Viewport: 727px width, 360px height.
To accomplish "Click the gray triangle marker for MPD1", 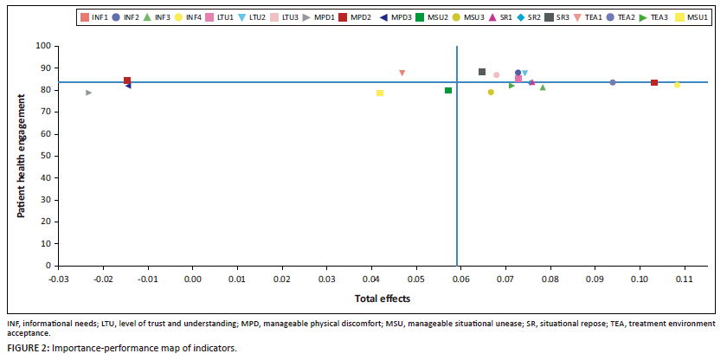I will [x=88, y=93].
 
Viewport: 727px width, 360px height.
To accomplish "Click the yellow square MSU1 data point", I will [x=380, y=93].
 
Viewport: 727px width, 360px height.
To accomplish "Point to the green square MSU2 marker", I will [x=448, y=91].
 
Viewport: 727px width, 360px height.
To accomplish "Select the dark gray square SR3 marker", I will [x=482, y=72].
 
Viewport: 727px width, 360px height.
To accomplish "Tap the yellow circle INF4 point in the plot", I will [x=677, y=85].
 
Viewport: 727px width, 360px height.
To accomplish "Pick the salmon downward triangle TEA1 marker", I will [x=402, y=74].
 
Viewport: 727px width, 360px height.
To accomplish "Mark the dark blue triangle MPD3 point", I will [x=128, y=86].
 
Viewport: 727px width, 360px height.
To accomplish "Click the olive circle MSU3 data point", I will [x=491, y=93].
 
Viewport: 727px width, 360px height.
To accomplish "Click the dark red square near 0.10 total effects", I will [x=654, y=83].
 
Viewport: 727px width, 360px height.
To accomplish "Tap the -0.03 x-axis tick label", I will [x=57, y=279].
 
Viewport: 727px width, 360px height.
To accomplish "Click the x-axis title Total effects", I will [x=383, y=298].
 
